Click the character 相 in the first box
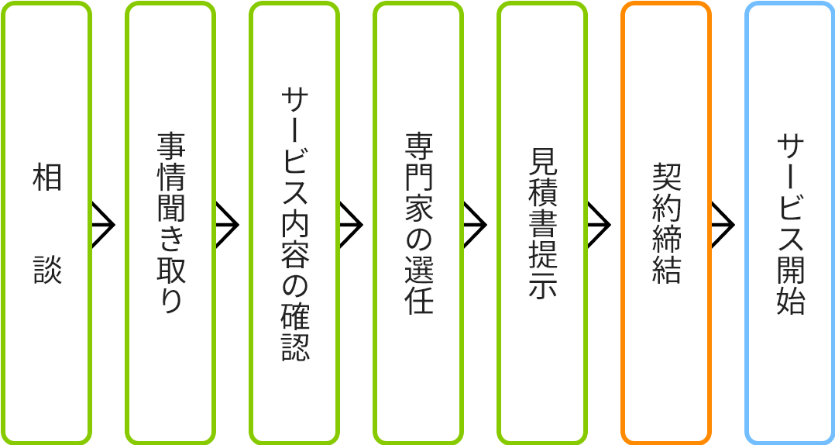[x=46, y=178]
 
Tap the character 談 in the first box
[x=46, y=270]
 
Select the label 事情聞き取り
[x=170, y=223]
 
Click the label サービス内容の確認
[x=294, y=223]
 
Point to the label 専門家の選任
[x=418, y=223]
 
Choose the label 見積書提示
[x=542, y=223]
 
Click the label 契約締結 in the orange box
[x=666, y=223]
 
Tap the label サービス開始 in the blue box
[x=790, y=223]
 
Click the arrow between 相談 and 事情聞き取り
[x=103, y=224]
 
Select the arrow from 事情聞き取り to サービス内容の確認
[x=227, y=224]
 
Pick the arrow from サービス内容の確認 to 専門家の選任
[x=351, y=224]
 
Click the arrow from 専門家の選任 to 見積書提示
[x=475, y=224]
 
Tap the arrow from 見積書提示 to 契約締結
[x=599, y=224]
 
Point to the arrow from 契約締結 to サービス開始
[x=723, y=224]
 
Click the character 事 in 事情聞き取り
[x=170, y=147]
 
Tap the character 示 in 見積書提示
[x=542, y=285]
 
